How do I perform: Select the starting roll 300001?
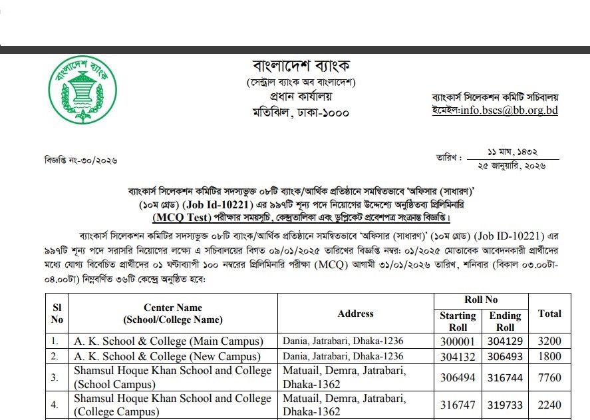[458, 341]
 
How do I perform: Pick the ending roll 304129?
[505, 341]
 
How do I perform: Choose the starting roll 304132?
[458, 356]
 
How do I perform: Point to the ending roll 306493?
[505, 356]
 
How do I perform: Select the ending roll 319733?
[505, 405]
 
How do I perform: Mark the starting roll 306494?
[458, 377]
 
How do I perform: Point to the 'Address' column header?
[356, 314]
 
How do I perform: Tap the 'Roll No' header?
[482, 300]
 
